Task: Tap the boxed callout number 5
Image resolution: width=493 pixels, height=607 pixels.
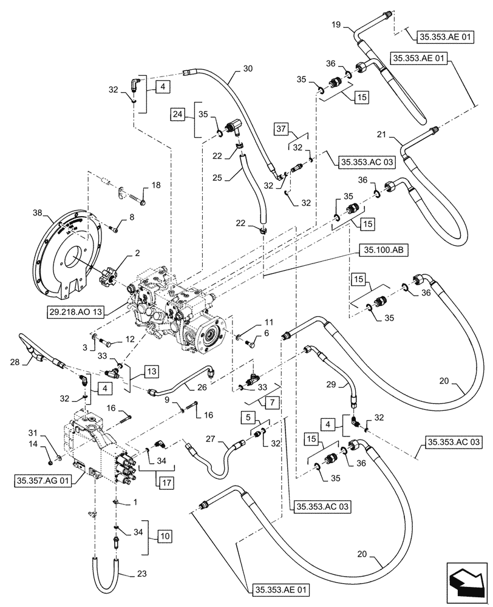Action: (249, 417)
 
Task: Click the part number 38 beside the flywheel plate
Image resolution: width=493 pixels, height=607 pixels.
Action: (38, 215)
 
